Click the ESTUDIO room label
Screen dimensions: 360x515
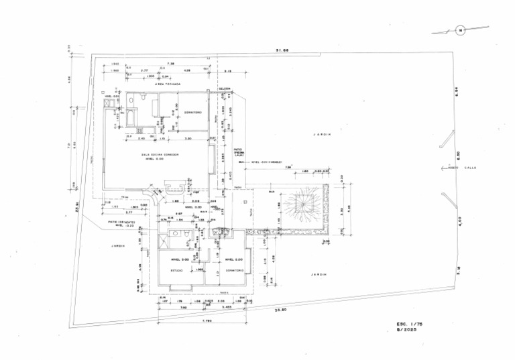pos(176,270)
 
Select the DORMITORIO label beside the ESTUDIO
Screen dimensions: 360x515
pos(234,270)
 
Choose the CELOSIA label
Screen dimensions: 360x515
pos(224,88)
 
